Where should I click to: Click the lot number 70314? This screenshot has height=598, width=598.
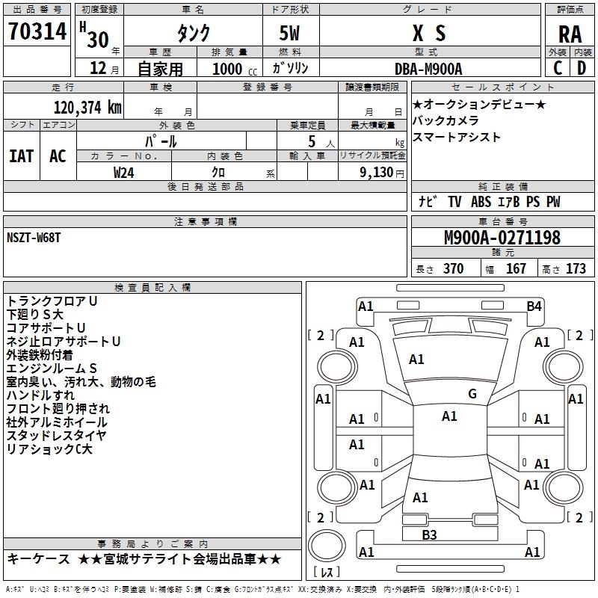tap(37, 33)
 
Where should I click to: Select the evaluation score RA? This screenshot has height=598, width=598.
tap(570, 34)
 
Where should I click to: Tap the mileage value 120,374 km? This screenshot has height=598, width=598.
tap(87, 108)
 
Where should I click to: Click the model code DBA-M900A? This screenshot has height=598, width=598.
tap(428, 69)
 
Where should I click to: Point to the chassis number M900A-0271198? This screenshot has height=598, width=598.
tap(502, 238)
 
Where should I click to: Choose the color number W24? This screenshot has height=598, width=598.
tap(124, 173)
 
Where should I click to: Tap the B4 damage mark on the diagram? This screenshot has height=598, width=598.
tap(533, 306)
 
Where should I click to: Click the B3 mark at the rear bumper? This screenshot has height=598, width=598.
tap(429, 534)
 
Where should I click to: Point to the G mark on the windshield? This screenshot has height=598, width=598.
tap(472, 394)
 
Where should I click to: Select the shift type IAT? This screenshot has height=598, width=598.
tap(22, 156)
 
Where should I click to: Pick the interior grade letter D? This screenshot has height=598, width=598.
tap(582, 68)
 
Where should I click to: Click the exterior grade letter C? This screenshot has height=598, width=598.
tap(558, 68)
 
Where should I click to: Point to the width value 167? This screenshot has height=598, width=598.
tap(516, 268)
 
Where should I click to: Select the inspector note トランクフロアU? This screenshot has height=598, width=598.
tap(52, 300)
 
